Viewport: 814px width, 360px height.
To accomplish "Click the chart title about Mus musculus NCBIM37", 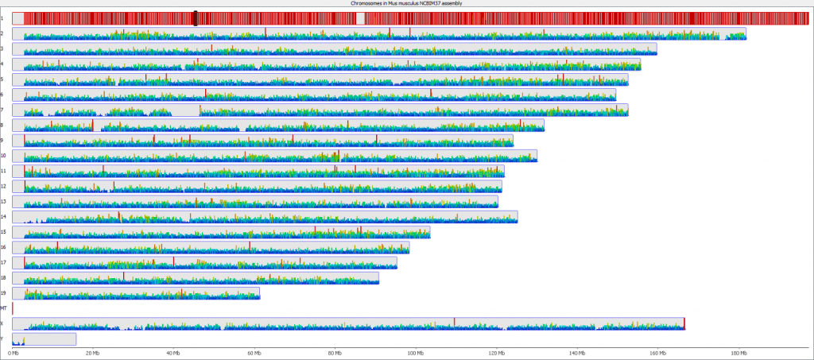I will coord(406,3).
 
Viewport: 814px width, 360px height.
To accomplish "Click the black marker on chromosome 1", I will coord(196,17).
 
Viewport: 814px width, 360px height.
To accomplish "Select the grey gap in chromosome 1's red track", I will coord(361,18).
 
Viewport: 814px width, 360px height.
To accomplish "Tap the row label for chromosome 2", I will coord(3,33).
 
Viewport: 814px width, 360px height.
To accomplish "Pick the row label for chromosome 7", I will coord(3,110).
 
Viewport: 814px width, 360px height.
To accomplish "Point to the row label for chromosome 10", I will coord(4,155).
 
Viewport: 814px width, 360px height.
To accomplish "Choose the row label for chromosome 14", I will coord(4,216).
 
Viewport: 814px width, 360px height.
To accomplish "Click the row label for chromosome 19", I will coord(4,292).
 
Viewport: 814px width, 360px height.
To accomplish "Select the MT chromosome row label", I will coord(4,308).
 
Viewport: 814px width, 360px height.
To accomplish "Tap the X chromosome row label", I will coord(3,323).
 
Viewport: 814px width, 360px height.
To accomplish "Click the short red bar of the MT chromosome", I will coord(13,308).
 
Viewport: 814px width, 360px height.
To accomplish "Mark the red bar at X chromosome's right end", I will coord(684,323).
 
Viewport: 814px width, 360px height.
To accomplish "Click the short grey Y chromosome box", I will coord(45,339).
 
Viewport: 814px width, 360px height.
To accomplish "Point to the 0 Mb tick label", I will coord(13,354).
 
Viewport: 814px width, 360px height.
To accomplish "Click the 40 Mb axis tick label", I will coord(173,354).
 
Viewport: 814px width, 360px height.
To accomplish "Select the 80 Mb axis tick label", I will coord(335,354).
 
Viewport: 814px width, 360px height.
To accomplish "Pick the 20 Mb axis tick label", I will coord(93,354).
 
